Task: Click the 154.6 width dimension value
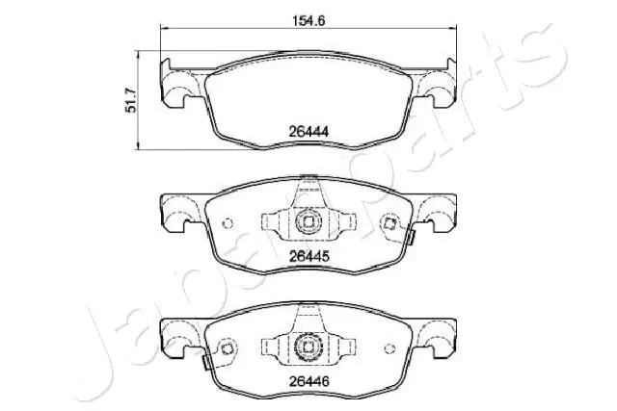click(308, 19)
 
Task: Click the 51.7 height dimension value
click(130, 100)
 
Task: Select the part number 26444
click(308, 131)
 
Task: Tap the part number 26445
click(308, 257)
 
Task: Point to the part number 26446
click(308, 381)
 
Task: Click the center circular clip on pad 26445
click(308, 222)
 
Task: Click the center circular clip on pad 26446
click(308, 346)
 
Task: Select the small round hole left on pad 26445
click(228, 223)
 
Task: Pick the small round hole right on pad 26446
click(389, 348)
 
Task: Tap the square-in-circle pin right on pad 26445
click(389, 223)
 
